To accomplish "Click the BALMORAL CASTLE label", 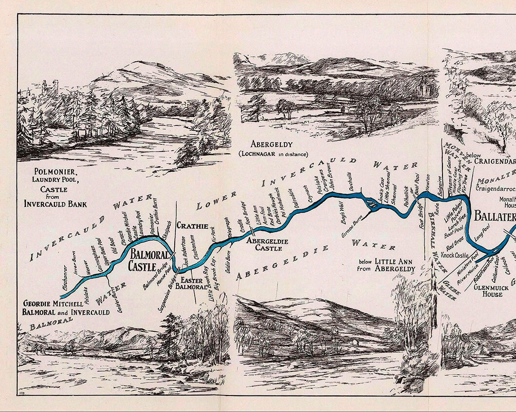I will pyautogui.click(x=142, y=260).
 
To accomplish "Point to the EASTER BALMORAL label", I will pyautogui.click(x=191, y=284).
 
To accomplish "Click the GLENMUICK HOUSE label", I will pyautogui.click(x=488, y=291).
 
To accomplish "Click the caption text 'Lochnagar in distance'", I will pyautogui.click(x=273, y=154).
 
